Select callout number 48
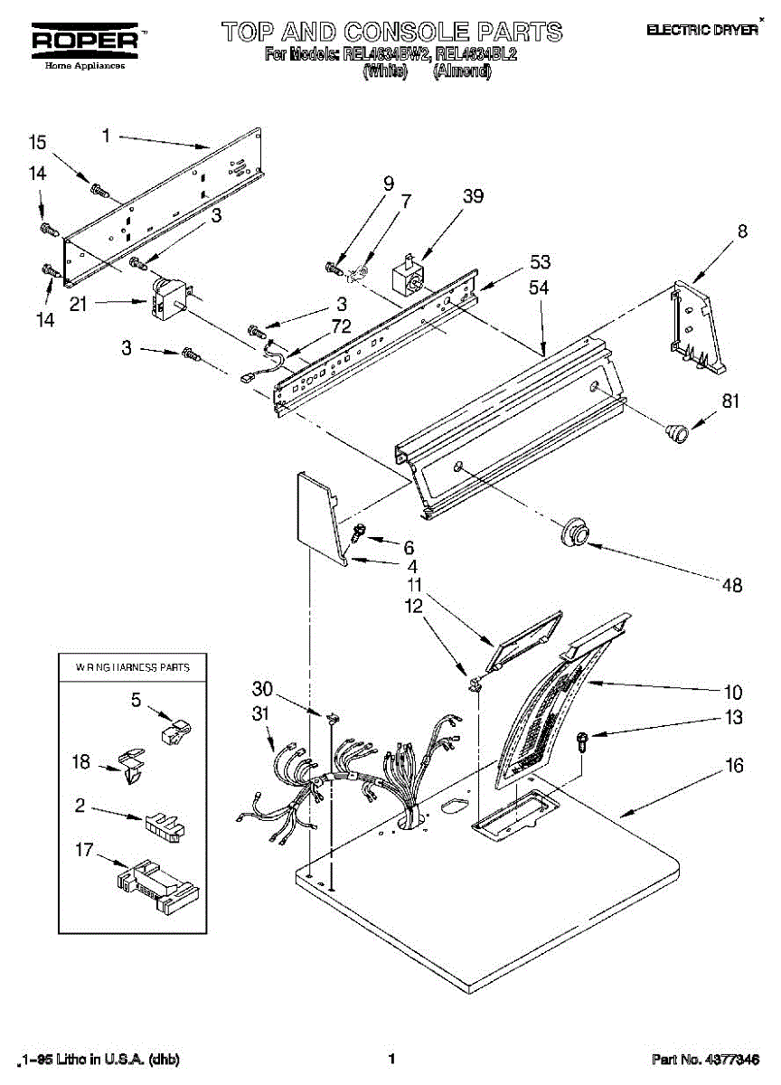[x=731, y=586]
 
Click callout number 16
[x=734, y=767]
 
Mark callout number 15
[x=37, y=142]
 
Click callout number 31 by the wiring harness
[x=261, y=713]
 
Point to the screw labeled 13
[x=583, y=741]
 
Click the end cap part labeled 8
[x=696, y=326]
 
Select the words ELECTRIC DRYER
[x=701, y=31]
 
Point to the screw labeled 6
[x=357, y=533]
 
